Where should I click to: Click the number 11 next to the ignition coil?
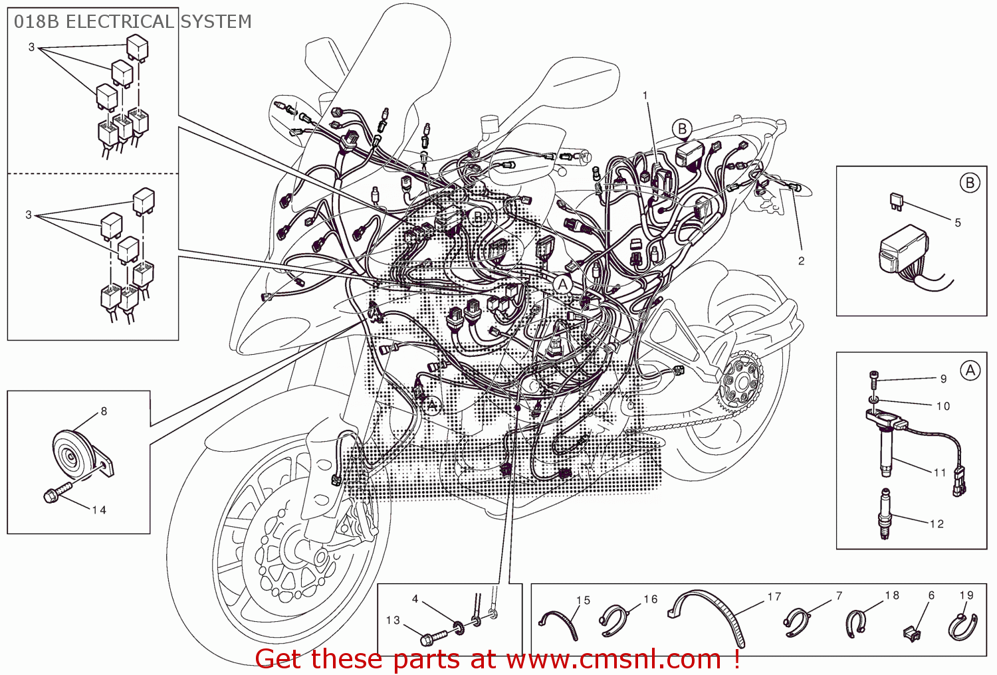[x=939, y=473]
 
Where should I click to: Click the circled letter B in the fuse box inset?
[x=970, y=183]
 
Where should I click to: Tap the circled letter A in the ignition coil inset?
[x=970, y=371]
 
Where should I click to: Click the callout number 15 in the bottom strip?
[x=583, y=601]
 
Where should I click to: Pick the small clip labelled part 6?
[x=913, y=632]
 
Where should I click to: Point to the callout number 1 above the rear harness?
[x=645, y=96]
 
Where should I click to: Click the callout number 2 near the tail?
[x=801, y=261]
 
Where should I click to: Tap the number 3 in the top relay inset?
[x=31, y=47]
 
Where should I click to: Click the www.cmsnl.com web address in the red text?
[x=613, y=659]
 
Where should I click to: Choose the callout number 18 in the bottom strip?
[x=892, y=595]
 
